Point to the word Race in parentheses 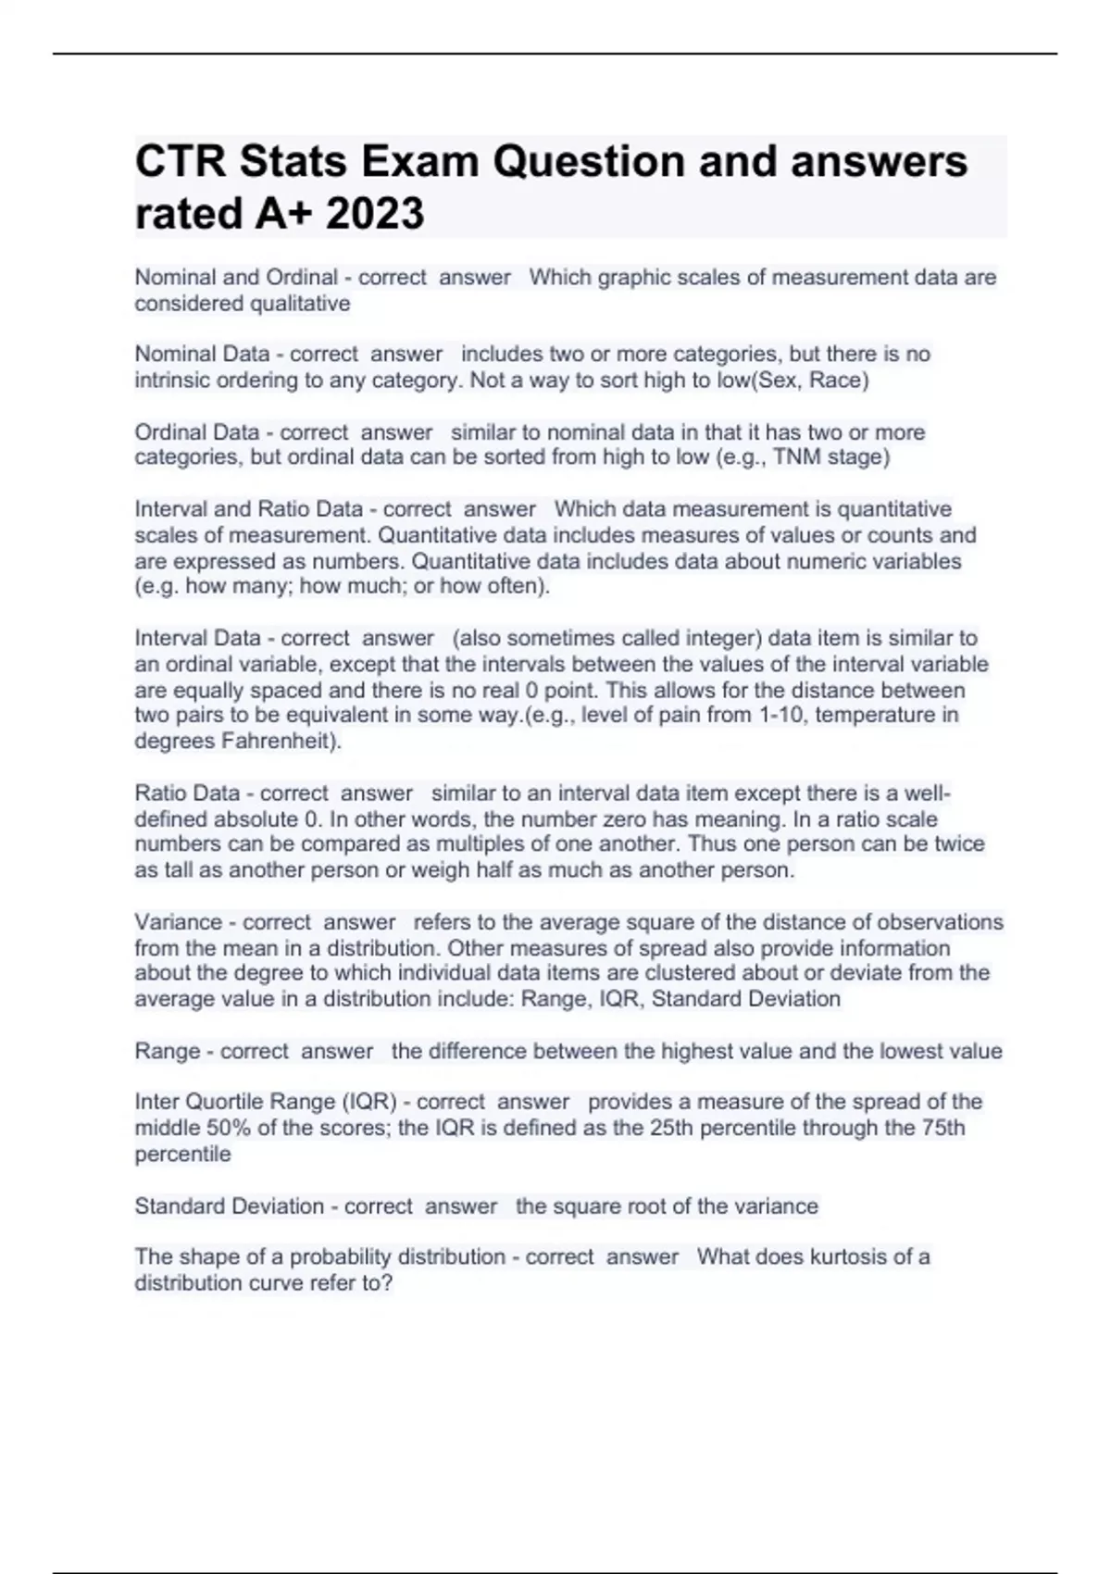tap(836, 380)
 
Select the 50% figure tap(219, 1128)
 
